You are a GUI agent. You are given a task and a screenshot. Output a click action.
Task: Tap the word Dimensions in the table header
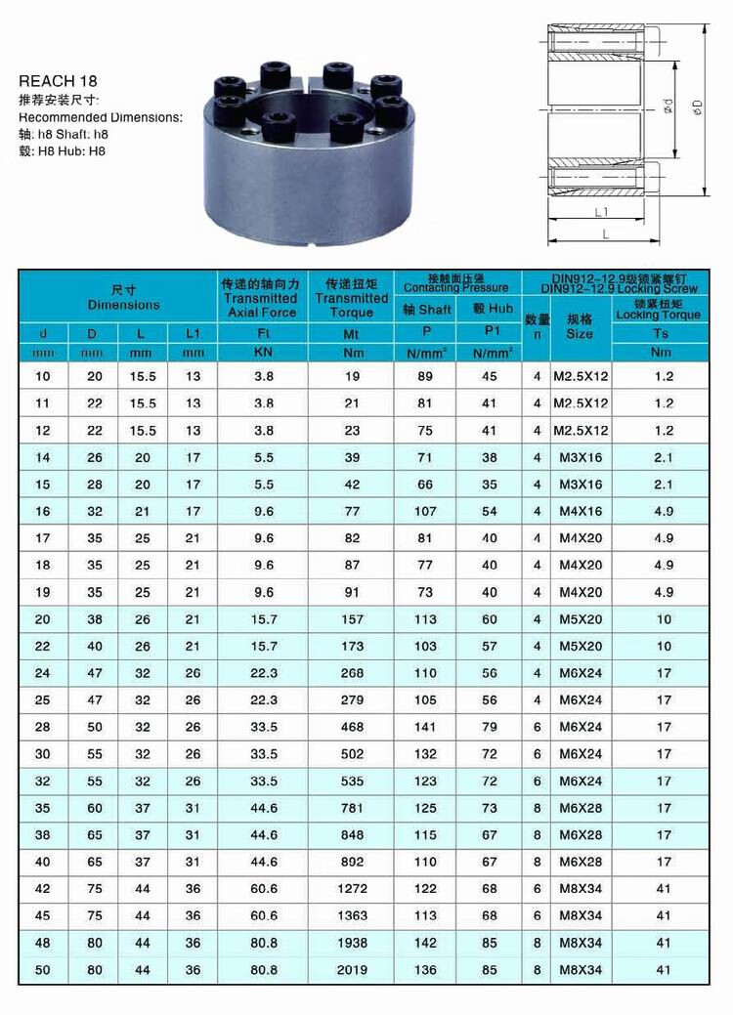[x=123, y=305]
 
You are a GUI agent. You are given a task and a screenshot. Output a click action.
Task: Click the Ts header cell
[x=662, y=333]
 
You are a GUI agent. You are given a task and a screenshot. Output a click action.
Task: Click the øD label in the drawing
[x=697, y=107]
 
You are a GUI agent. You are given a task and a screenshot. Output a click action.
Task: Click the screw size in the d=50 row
[x=580, y=970]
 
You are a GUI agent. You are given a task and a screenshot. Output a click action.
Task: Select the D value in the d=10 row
[x=93, y=376]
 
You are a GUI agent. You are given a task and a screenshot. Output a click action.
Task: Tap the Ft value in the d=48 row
[x=263, y=943]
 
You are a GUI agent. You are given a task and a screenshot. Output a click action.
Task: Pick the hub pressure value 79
[x=490, y=727]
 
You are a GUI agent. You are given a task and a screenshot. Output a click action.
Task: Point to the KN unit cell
[x=262, y=352]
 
